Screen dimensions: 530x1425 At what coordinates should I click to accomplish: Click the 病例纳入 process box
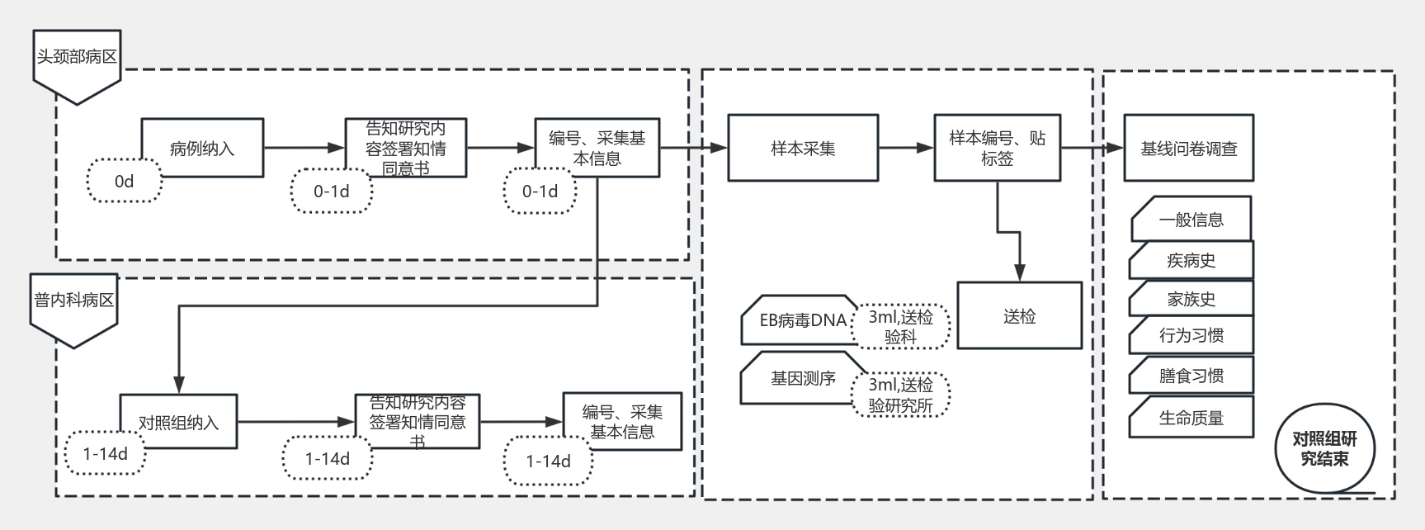click(202, 148)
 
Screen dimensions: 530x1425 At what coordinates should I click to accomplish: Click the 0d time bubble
click(125, 181)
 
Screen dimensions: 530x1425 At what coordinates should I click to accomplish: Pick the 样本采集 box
click(803, 149)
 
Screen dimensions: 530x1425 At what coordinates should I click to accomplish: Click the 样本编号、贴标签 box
click(997, 149)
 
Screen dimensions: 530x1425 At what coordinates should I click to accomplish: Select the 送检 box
click(1019, 316)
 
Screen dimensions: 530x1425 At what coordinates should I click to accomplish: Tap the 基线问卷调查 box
click(1188, 149)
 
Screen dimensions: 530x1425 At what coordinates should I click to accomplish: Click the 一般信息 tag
click(1191, 219)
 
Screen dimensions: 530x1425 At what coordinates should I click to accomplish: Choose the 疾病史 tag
click(1191, 260)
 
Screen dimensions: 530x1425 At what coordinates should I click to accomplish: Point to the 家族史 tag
click(1191, 298)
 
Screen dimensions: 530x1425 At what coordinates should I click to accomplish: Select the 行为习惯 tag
click(1191, 335)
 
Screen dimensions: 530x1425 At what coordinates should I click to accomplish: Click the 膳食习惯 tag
click(1191, 376)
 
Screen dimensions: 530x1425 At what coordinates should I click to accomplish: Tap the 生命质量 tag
click(1191, 418)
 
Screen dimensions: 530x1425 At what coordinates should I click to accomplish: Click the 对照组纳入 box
click(179, 422)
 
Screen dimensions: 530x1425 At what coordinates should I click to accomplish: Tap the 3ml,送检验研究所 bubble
click(900, 395)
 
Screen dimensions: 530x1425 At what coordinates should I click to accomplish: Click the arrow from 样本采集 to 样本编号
click(906, 149)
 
